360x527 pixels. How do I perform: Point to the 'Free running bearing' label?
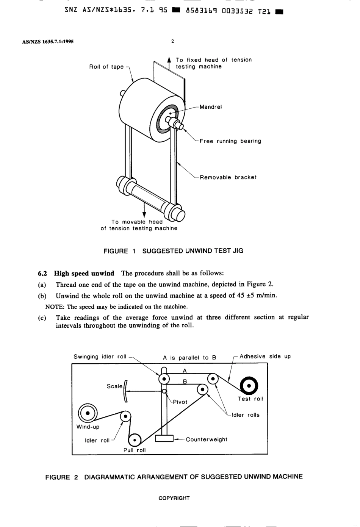coord(230,141)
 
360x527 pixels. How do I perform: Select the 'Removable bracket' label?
coord(228,177)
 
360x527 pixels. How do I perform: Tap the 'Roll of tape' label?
coord(106,67)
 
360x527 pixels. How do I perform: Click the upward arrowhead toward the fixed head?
coord(169,60)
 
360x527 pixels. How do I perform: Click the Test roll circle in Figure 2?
coord(249,385)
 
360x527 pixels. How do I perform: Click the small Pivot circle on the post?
coord(164,391)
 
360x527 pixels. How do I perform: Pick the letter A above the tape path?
coord(185,371)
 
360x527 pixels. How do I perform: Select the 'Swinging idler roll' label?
coord(100,357)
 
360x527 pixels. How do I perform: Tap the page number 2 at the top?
coord(173,41)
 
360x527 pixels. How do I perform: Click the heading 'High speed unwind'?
coord(84,273)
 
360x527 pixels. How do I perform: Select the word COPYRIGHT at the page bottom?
coord(174,498)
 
